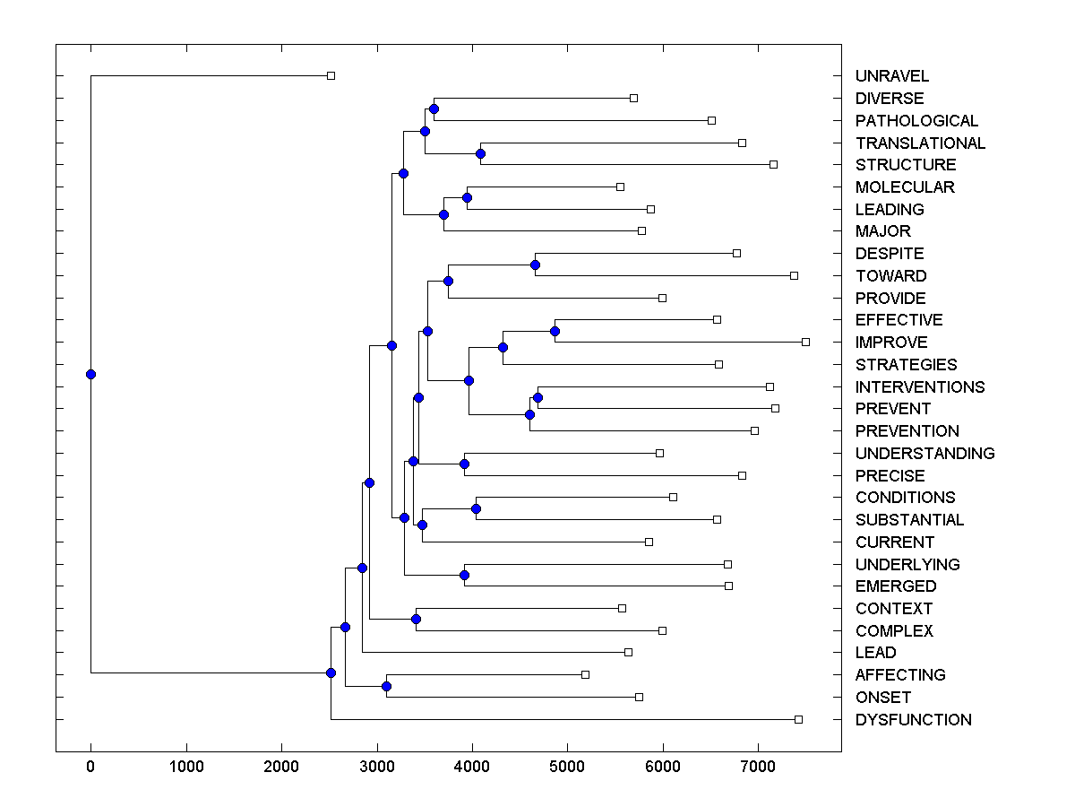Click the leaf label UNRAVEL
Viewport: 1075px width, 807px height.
(891, 76)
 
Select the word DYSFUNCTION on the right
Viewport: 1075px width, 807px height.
(913, 720)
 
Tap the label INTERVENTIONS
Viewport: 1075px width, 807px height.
(919, 387)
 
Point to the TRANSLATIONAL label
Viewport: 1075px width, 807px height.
(920, 143)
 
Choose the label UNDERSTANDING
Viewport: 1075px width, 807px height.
(924, 454)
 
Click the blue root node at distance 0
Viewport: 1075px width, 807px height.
(90, 374)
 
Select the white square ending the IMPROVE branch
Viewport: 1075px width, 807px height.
(805, 342)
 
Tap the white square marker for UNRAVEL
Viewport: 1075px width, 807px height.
(331, 75)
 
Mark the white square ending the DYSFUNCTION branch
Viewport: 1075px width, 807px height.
(798, 719)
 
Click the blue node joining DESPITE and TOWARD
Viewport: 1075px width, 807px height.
(535, 265)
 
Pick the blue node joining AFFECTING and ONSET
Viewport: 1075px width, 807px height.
(386, 686)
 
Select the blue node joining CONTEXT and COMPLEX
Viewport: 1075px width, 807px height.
(416, 619)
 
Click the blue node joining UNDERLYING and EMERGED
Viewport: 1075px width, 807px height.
(464, 575)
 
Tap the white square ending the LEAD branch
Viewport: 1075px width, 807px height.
(628, 652)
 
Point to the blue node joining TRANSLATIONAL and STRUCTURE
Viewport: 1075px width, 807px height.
(480, 153)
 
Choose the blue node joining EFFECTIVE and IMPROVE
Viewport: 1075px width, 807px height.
(555, 331)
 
